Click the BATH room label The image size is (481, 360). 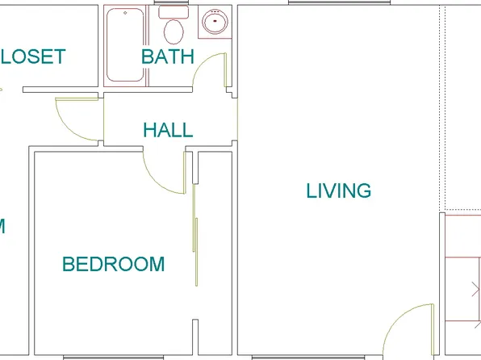[168, 57]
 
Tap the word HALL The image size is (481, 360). [168, 130]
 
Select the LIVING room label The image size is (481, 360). [339, 190]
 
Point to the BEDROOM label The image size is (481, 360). [114, 264]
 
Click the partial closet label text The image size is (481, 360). [33, 57]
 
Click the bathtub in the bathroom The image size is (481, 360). [126, 45]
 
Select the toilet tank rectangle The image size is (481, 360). [171, 12]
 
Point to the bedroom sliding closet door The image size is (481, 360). [194, 234]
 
